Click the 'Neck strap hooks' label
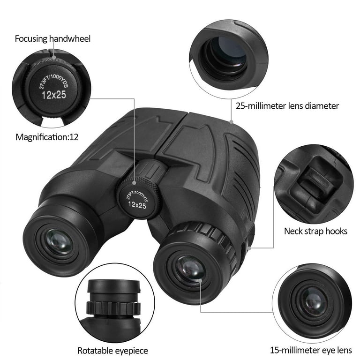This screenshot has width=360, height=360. coord(315,231)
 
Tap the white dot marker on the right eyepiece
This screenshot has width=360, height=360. coord(200,281)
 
